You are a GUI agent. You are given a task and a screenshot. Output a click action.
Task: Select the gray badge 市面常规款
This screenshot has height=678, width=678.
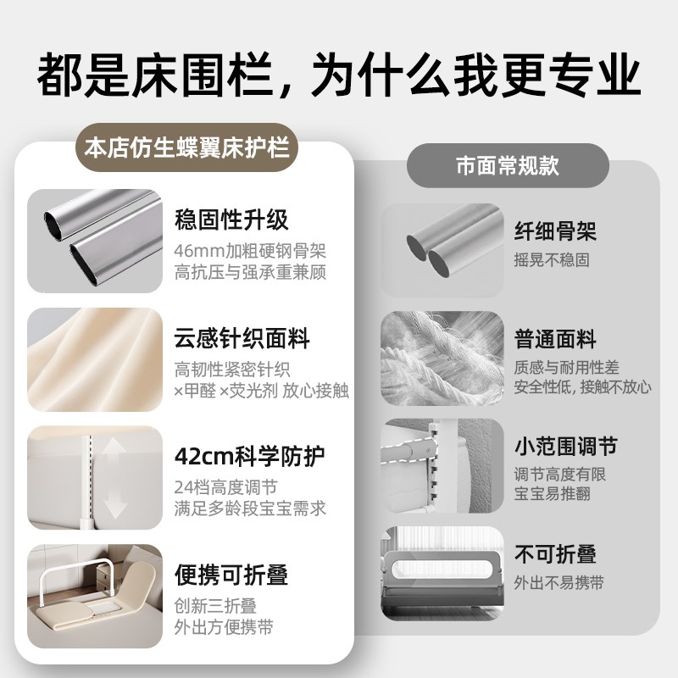click(507, 164)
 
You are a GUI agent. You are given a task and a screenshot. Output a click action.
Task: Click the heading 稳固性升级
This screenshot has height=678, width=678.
click(231, 220)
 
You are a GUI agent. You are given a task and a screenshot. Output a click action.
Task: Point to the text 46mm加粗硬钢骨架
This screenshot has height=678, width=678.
click(250, 251)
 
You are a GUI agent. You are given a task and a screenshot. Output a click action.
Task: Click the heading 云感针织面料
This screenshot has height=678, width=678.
click(242, 340)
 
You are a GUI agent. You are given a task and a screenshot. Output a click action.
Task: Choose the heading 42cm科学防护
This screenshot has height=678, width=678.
click(243, 457)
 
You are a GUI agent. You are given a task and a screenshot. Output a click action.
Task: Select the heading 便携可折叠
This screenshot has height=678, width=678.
click(231, 575)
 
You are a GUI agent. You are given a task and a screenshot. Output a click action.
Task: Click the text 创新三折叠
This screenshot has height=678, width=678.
click(215, 606)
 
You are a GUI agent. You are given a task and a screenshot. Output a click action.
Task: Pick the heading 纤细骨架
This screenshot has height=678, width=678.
click(555, 231)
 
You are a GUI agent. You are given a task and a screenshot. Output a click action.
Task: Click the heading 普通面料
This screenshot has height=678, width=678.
click(555, 340)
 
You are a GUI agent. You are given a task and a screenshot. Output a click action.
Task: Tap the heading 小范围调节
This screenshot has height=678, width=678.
click(565, 447)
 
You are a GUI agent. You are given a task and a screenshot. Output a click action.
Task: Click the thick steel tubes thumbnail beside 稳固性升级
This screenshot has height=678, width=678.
click(94, 241)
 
